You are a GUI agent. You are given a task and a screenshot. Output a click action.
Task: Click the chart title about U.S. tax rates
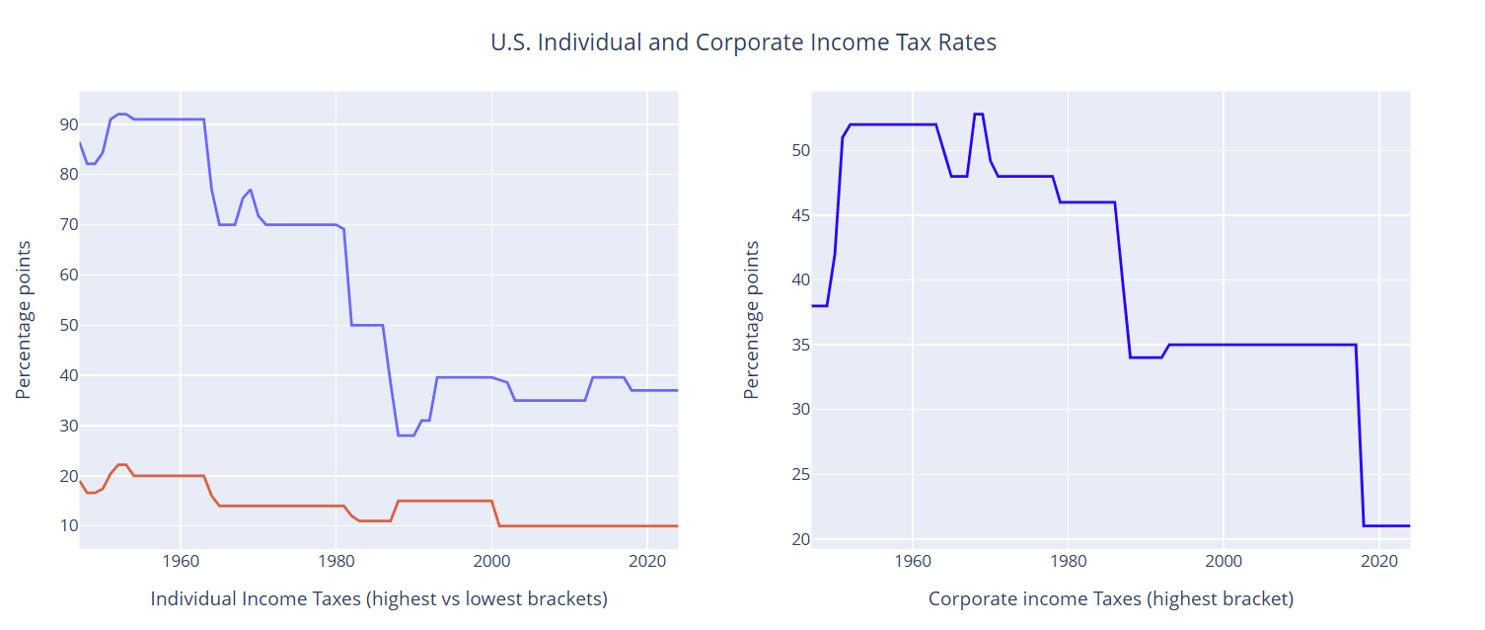click(x=743, y=42)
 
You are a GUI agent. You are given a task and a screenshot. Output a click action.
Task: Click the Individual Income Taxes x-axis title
click(x=379, y=598)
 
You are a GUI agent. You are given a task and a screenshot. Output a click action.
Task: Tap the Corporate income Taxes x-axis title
click(x=1111, y=598)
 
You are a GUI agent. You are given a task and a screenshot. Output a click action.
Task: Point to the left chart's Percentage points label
click(x=24, y=320)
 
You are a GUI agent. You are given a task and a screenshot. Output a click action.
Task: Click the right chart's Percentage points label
click(x=752, y=320)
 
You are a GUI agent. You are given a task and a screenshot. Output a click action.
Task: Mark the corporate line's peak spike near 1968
click(x=979, y=115)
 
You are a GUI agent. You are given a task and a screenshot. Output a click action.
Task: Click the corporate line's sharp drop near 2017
click(x=1360, y=434)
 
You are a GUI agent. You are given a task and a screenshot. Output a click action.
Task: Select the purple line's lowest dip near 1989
click(x=406, y=435)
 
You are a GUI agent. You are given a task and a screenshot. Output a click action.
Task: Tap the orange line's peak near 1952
click(x=121, y=465)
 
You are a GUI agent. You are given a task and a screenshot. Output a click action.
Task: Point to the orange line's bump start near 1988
click(x=398, y=501)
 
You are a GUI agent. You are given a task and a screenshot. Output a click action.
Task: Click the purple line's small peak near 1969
click(x=251, y=190)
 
